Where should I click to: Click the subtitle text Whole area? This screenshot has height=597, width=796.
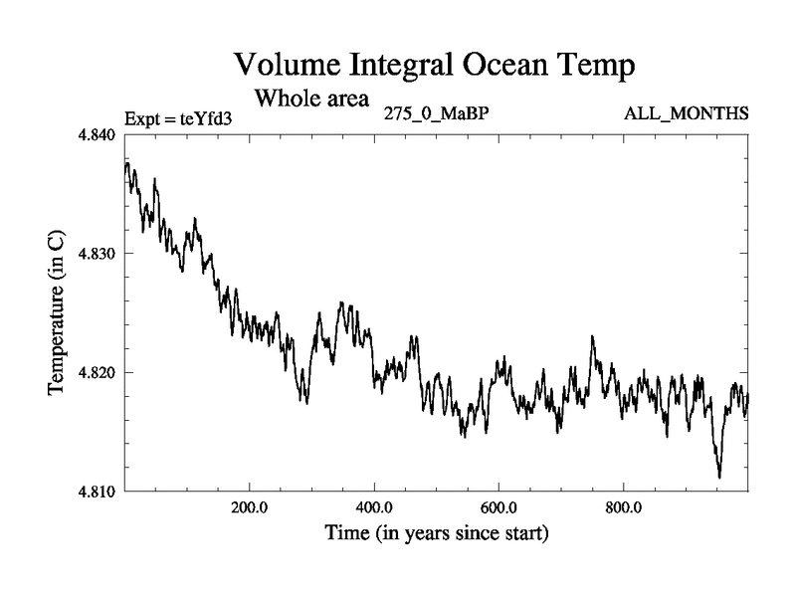(312, 99)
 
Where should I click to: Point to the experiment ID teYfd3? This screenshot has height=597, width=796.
(206, 118)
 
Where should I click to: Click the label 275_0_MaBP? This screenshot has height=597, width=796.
(436, 112)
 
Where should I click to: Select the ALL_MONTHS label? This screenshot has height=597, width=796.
(686, 112)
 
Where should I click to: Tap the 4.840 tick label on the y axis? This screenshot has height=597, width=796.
(96, 134)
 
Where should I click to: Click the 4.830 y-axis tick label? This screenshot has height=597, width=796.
(96, 254)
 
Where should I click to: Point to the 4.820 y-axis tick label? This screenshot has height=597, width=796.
(96, 372)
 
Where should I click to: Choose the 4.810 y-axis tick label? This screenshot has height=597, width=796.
(96, 492)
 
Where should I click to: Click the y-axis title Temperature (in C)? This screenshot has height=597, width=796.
(56, 312)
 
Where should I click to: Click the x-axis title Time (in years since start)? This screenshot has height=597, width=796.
(436, 534)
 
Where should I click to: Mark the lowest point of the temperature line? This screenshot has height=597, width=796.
(718, 478)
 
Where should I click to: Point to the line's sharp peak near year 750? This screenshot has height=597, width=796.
(592, 336)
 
